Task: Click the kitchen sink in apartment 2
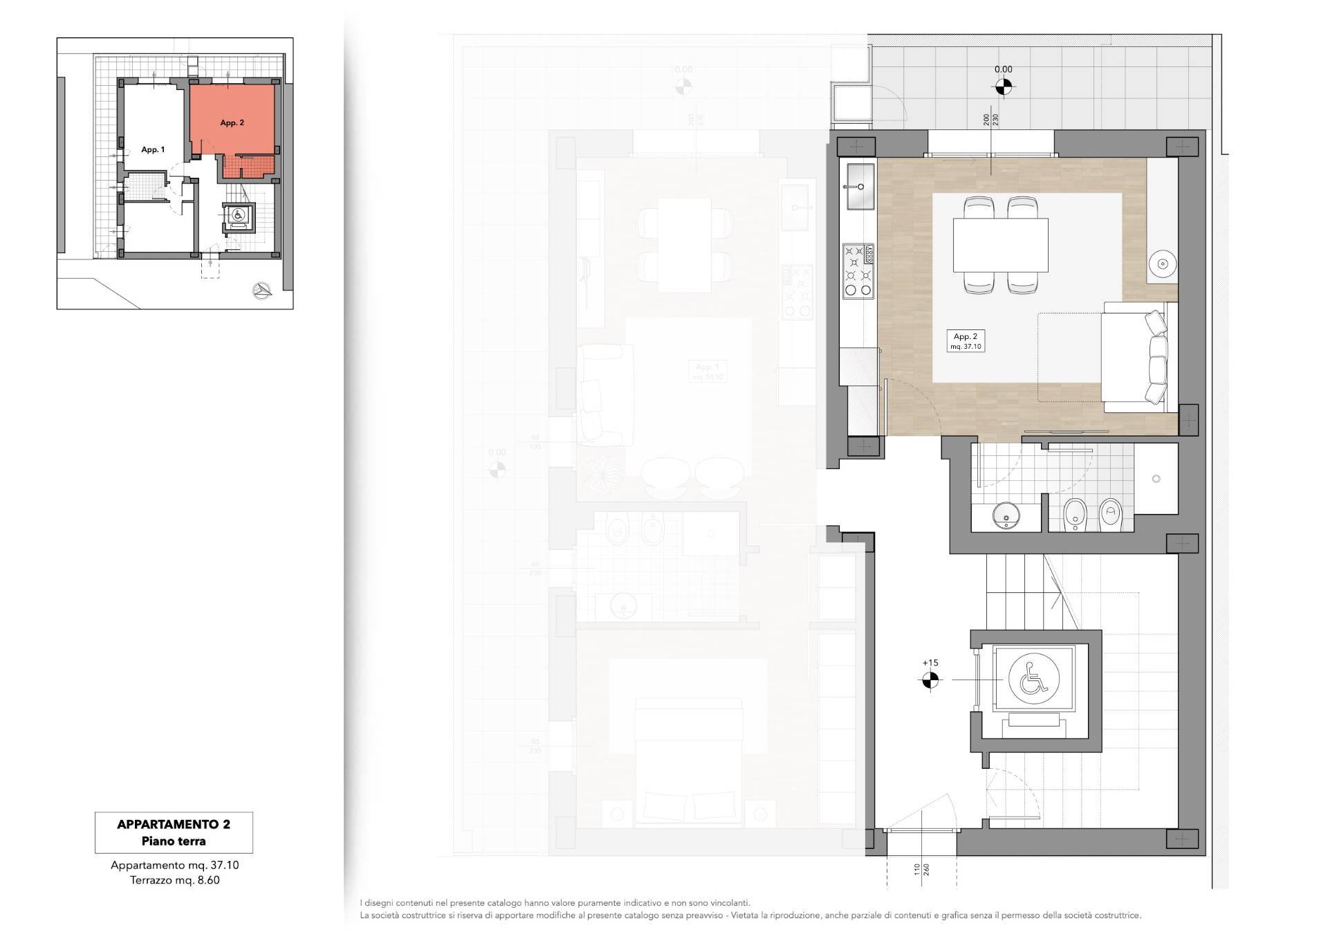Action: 858,186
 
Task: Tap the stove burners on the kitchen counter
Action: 858,271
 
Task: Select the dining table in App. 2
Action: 1000,245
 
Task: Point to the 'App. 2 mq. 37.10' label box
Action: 965,341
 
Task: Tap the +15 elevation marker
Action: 930,681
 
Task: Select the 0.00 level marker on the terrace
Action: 1003,86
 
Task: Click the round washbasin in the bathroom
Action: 1005,515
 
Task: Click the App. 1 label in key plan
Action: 153,149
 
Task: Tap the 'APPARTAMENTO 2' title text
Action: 174,824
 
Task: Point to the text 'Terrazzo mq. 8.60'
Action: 174,880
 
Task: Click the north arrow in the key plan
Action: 261,291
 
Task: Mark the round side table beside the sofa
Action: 1163,263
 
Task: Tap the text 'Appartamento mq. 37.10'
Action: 174,865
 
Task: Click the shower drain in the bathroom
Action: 1156,479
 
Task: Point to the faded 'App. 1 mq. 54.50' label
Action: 708,372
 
